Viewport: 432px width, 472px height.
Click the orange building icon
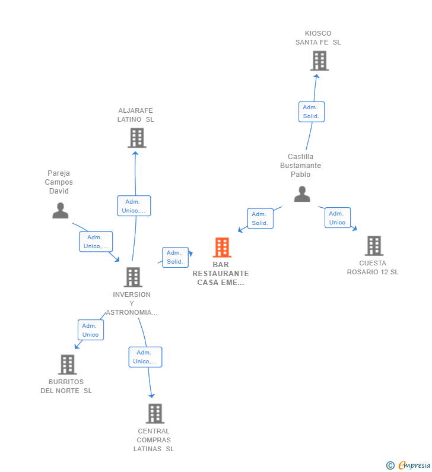[222, 247]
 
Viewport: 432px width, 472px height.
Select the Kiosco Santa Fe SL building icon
[319, 61]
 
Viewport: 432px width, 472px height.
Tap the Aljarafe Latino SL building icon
[137, 138]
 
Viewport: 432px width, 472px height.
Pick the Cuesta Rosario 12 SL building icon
[374, 245]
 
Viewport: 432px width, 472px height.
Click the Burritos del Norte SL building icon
[68, 364]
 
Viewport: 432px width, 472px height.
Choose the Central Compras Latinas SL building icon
[155, 413]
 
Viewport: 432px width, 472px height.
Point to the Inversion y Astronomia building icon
[133, 277]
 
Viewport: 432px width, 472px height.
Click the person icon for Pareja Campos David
[61, 210]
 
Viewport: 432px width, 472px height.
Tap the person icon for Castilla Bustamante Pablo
[302, 194]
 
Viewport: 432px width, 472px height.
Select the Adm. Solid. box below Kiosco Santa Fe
[312, 112]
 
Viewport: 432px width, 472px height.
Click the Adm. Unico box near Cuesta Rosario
[337, 218]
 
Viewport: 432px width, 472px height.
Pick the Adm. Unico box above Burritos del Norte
[91, 330]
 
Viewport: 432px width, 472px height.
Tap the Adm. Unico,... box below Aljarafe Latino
[134, 205]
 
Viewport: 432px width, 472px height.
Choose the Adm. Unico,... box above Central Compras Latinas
[145, 357]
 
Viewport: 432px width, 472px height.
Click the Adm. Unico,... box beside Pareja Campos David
[96, 242]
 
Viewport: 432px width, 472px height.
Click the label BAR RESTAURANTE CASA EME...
[221, 274]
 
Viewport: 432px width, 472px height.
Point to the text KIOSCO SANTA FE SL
[318, 38]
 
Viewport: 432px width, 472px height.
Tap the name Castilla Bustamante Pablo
[300, 166]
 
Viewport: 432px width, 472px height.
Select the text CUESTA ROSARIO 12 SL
[373, 267]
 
